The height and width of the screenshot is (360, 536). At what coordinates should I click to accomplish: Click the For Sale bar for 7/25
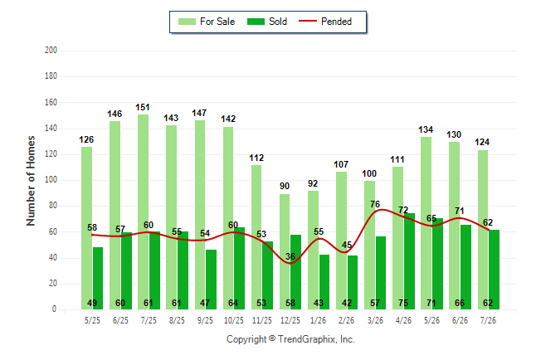click(144, 212)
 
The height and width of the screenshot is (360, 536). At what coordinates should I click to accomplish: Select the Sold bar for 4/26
click(410, 261)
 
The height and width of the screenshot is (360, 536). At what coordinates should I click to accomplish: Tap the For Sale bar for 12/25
click(285, 252)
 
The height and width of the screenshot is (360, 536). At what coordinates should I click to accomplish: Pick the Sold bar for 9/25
click(212, 280)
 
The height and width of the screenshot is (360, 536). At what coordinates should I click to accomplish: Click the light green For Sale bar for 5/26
click(426, 223)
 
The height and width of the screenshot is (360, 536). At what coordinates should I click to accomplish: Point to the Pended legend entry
click(325, 22)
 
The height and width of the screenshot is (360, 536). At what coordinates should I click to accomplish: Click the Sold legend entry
click(267, 22)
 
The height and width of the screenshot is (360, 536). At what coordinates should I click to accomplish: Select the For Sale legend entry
click(207, 22)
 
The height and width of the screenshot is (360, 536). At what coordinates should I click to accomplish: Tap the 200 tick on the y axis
click(51, 51)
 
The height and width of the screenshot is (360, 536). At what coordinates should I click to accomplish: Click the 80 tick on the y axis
click(52, 206)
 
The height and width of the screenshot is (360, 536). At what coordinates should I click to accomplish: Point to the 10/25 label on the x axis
click(234, 321)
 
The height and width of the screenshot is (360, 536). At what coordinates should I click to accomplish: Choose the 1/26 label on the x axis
click(318, 321)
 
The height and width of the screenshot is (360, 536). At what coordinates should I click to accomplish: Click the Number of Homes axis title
click(31, 181)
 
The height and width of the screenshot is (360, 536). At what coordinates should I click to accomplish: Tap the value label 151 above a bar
click(143, 107)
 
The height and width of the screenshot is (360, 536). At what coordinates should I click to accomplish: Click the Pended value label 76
click(375, 204)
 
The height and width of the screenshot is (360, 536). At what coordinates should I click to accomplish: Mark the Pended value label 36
click(290, 256)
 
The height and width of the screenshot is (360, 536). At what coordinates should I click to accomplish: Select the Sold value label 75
click(403, 303)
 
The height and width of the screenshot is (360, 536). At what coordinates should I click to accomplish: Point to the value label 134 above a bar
click(426, 129)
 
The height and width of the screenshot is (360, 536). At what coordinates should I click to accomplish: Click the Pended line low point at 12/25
click(290, 263)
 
